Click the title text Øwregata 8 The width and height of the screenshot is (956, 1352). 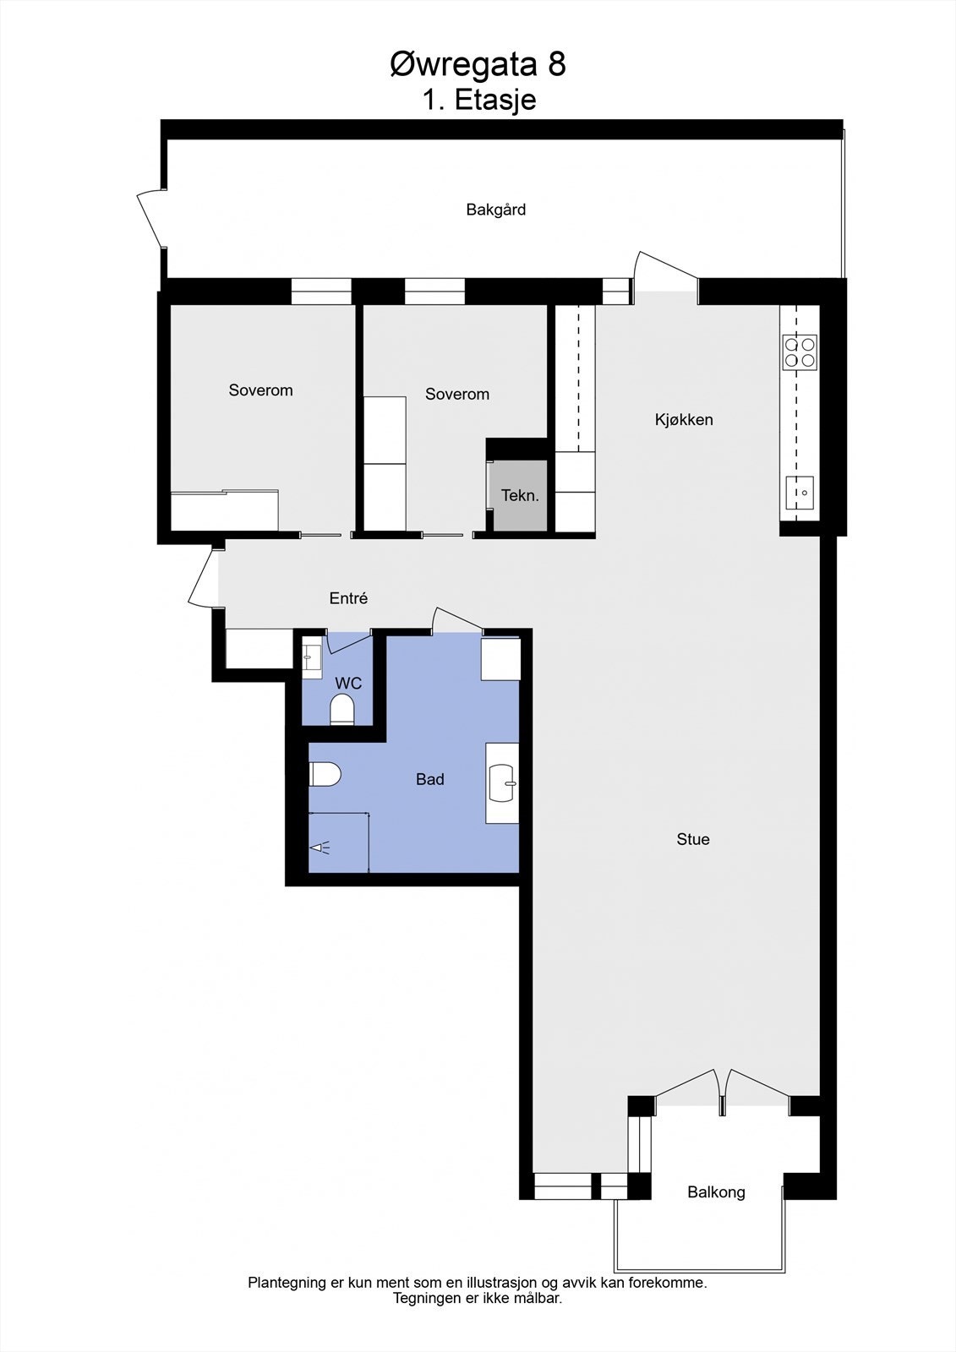click(478, 64)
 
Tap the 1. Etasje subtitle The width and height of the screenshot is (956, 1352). click(479, 100)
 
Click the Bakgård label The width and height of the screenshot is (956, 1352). click(496, 210)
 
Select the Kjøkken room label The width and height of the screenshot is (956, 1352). click(684, 419)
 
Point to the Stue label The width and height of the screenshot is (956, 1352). click(693, 839)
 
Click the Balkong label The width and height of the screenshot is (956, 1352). click(716, 1192)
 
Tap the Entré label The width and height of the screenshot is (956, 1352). click(348, 598)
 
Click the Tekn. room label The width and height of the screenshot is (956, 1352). click(520, 495)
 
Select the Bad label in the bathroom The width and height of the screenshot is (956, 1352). click(429, 779)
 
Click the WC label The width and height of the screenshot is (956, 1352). click(348, 683)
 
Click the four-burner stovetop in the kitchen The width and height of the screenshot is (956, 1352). click(800, 352)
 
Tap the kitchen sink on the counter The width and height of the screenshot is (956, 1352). click(800, 493)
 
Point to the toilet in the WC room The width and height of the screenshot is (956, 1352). click(342, 710)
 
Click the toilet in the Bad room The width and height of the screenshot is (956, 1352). click(325, 773)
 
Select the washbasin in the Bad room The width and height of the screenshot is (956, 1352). click(503, 782)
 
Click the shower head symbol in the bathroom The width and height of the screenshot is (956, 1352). click(320, 847)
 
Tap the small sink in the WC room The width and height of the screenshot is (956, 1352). click(312, 657)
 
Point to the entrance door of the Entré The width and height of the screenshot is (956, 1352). click(203, 577)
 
